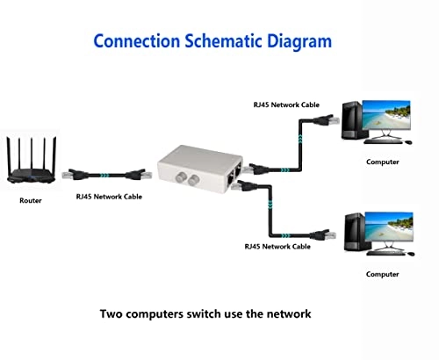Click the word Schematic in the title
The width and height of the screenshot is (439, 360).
223,41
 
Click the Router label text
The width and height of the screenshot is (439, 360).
31,200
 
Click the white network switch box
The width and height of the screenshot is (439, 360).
200,169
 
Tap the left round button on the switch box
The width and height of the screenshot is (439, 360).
181,176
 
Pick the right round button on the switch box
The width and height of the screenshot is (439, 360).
193,180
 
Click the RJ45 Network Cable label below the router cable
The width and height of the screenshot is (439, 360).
109,197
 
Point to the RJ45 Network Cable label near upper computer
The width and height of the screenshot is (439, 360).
286,104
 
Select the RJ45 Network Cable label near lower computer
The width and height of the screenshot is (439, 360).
277,247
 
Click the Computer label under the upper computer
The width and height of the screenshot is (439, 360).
383,162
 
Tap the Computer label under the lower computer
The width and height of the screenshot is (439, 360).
382,274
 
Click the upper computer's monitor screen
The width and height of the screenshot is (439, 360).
386,114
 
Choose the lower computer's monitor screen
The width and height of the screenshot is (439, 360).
389,227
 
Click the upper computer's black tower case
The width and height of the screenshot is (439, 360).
352,120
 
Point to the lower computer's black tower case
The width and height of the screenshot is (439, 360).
355,232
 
